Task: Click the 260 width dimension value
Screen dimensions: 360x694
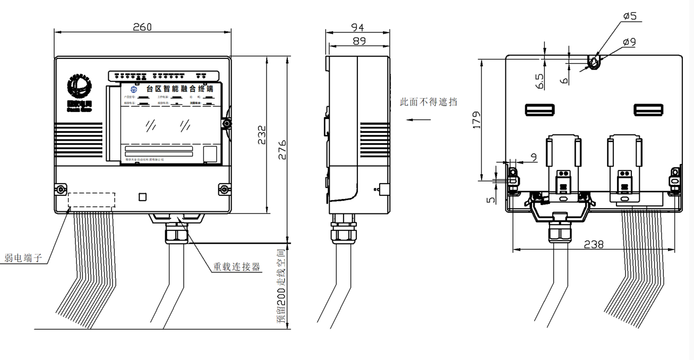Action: click(142, 27)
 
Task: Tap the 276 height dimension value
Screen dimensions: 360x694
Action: click(282, 150)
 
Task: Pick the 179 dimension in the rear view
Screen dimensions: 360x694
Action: click(476, 120)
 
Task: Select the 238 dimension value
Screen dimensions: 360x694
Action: click(593, 244)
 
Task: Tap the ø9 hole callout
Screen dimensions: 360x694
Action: click(629, 41)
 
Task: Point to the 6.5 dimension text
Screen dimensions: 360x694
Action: click(540, 81)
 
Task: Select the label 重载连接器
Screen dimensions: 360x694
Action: click(237, 267)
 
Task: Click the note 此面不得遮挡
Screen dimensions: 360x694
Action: click(429, 102)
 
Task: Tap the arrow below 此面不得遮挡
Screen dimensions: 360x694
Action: click(418, 119)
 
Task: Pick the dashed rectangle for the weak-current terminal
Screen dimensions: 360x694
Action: click(91, 200)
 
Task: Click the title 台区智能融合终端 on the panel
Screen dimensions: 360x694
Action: click(180, 89)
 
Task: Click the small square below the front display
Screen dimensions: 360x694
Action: click(142, 197)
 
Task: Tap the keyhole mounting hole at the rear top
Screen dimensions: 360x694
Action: click(593, 63)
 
